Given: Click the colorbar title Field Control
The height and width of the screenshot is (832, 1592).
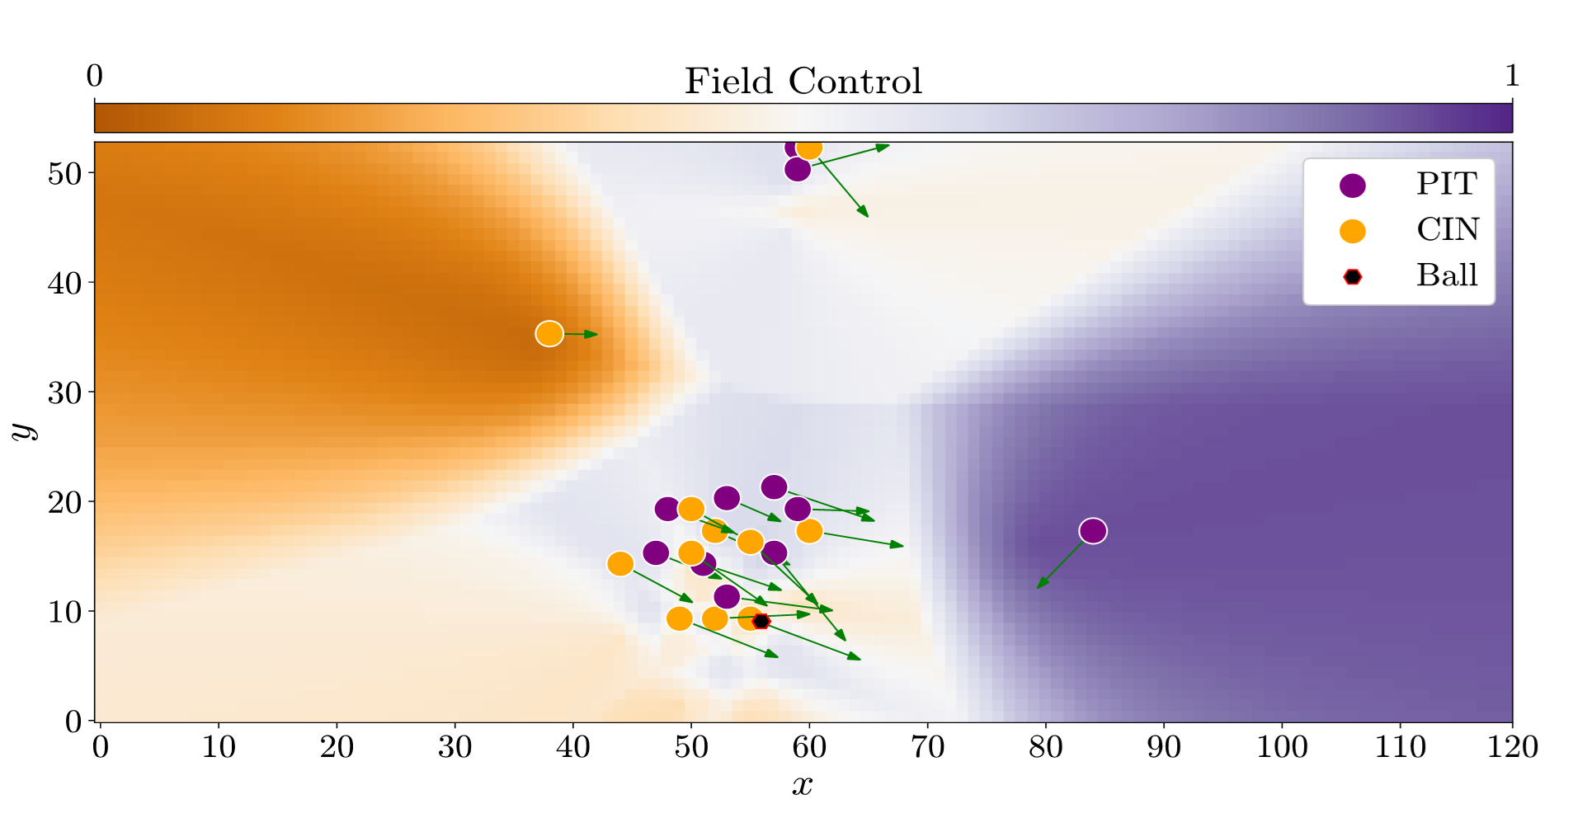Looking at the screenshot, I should [803, 82].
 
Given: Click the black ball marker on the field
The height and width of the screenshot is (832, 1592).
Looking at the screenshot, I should [761, 621].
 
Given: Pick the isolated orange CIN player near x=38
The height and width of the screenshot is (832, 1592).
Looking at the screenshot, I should [549, 334].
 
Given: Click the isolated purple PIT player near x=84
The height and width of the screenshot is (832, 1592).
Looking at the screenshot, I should [1093, 531].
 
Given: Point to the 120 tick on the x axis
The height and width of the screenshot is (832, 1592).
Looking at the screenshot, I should [1512, 747].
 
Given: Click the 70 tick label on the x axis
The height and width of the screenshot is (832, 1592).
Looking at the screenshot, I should [927, 747].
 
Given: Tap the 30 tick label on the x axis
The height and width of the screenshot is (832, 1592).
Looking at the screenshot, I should [455, 747].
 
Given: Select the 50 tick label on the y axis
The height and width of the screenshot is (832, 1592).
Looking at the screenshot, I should [64, 174].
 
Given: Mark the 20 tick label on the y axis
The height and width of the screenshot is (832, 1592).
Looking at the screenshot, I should [64, 502].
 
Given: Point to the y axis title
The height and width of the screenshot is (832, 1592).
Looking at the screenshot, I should [25, 430].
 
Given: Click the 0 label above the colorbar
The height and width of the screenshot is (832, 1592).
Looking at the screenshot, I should [95, 77].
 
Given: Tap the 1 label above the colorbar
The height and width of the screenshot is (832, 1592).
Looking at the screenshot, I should [1511, 77].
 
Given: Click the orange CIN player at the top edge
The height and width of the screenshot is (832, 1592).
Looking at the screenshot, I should [809, 148].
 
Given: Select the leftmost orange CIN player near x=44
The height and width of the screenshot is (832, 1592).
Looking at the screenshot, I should [620, 564].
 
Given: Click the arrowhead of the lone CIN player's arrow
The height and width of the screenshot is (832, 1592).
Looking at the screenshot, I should [592, 334].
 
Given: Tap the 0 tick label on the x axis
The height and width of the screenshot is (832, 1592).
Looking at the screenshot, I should [101, 747].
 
